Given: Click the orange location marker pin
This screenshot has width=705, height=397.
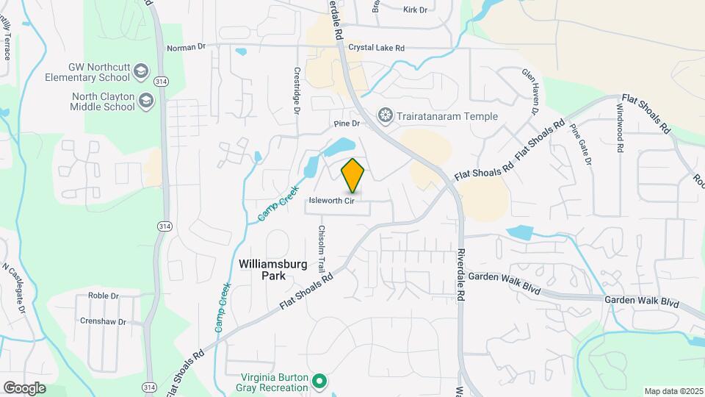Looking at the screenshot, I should tap(353, 176).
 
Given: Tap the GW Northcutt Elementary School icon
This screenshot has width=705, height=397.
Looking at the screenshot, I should tap(142, 71).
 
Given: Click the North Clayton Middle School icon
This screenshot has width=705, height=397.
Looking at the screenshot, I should tap(146, 101).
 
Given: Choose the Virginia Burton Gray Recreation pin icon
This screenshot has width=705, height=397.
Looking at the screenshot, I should tap(319, 382).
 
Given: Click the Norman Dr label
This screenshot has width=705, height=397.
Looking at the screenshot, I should tap(187, 48).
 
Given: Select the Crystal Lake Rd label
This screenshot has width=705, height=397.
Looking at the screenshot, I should tap(376, 48).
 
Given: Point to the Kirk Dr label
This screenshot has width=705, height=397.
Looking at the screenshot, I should tap(415, 10).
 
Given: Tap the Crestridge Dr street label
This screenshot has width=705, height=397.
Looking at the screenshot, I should tap(297, 92).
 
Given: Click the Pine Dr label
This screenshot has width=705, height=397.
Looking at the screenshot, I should tap(346, 124).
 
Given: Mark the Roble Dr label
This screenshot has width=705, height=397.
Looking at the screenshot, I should tap(103, 296).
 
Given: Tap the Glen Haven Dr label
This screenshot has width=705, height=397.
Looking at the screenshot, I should tap(530, 92).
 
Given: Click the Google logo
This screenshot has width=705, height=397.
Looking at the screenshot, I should tap(24, 387).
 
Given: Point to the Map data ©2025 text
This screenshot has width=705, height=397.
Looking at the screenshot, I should tap(673, 391).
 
